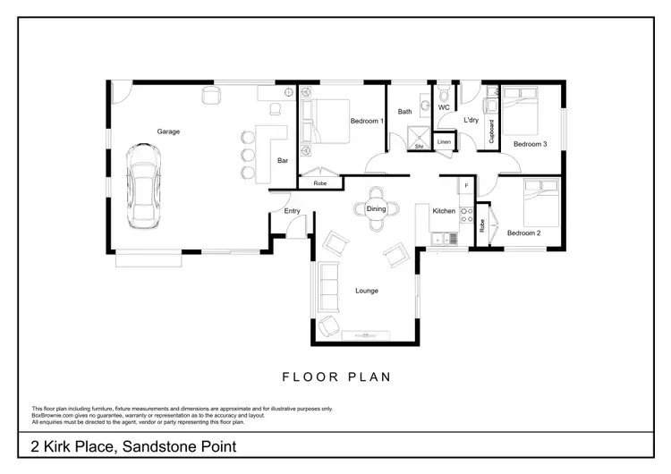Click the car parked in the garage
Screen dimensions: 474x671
(143, 187)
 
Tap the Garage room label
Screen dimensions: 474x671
(168, 131)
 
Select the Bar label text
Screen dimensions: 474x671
(283, 161)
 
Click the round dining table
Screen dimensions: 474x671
(376, 208)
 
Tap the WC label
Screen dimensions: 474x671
(444, 108)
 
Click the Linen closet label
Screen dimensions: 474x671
(444, 141)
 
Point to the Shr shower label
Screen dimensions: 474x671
(418, 144)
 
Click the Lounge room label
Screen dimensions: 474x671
(366, 290)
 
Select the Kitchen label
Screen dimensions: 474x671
(444, 211)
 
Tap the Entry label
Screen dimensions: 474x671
(292, 211)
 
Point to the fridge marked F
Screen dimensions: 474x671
(465, 186)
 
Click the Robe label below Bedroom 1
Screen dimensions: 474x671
(319, 183)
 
